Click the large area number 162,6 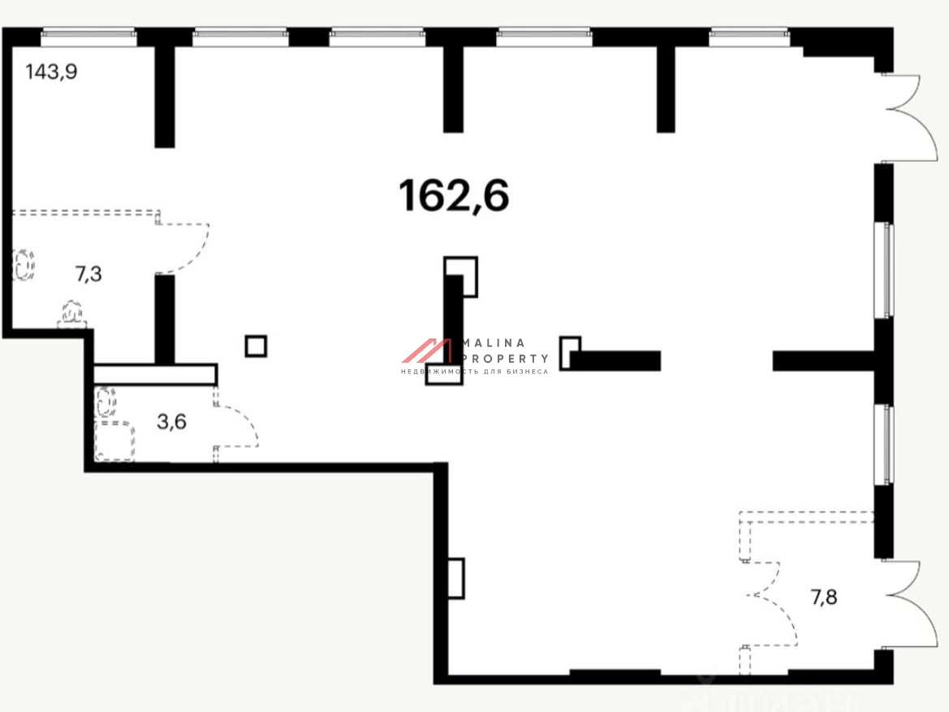coord(454,196)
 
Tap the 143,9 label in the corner coord(51,72)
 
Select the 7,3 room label coord(88,274)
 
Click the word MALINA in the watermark coord(494,343)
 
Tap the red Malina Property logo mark coord(427,351)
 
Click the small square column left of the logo coord(256,347)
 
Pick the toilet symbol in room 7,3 coord(72,313)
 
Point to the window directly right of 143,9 coord(239,35)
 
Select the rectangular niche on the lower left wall coord(455,578)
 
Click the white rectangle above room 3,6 coord(154,374)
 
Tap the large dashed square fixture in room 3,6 coord(114,442)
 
